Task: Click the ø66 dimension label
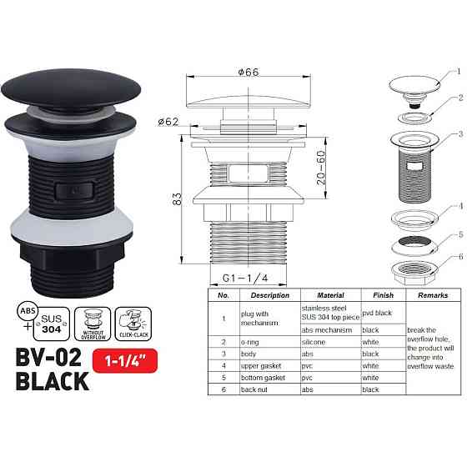[248, 73]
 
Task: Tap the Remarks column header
[429, 295]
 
